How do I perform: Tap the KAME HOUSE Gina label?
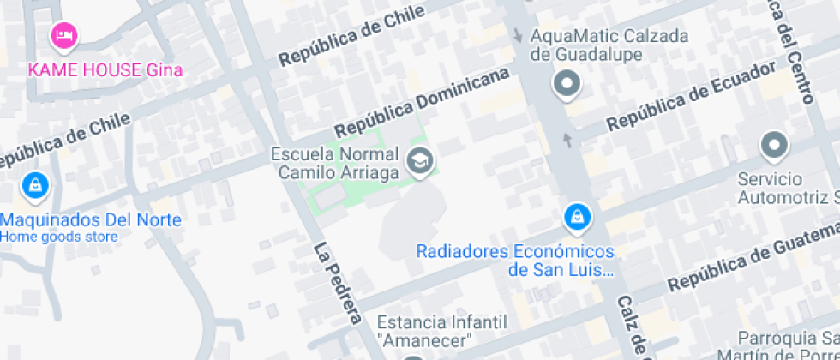click(x=105, y=69)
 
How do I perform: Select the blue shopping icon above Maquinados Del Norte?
click(x=34, y=184)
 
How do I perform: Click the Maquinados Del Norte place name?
click(x=91, y=220)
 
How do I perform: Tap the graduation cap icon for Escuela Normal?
click(x=420, y=160)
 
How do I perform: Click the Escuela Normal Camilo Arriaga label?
click(x=335, y=164)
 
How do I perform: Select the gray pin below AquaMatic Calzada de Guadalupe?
click(x=567, y=85)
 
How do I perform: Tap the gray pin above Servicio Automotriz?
click(x=774, y=147)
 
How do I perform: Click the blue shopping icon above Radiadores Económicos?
click(x=577, y=218)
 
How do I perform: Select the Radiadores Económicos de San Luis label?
click(x=515, y=261)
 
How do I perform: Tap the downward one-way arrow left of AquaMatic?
click(x=517, y=36)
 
